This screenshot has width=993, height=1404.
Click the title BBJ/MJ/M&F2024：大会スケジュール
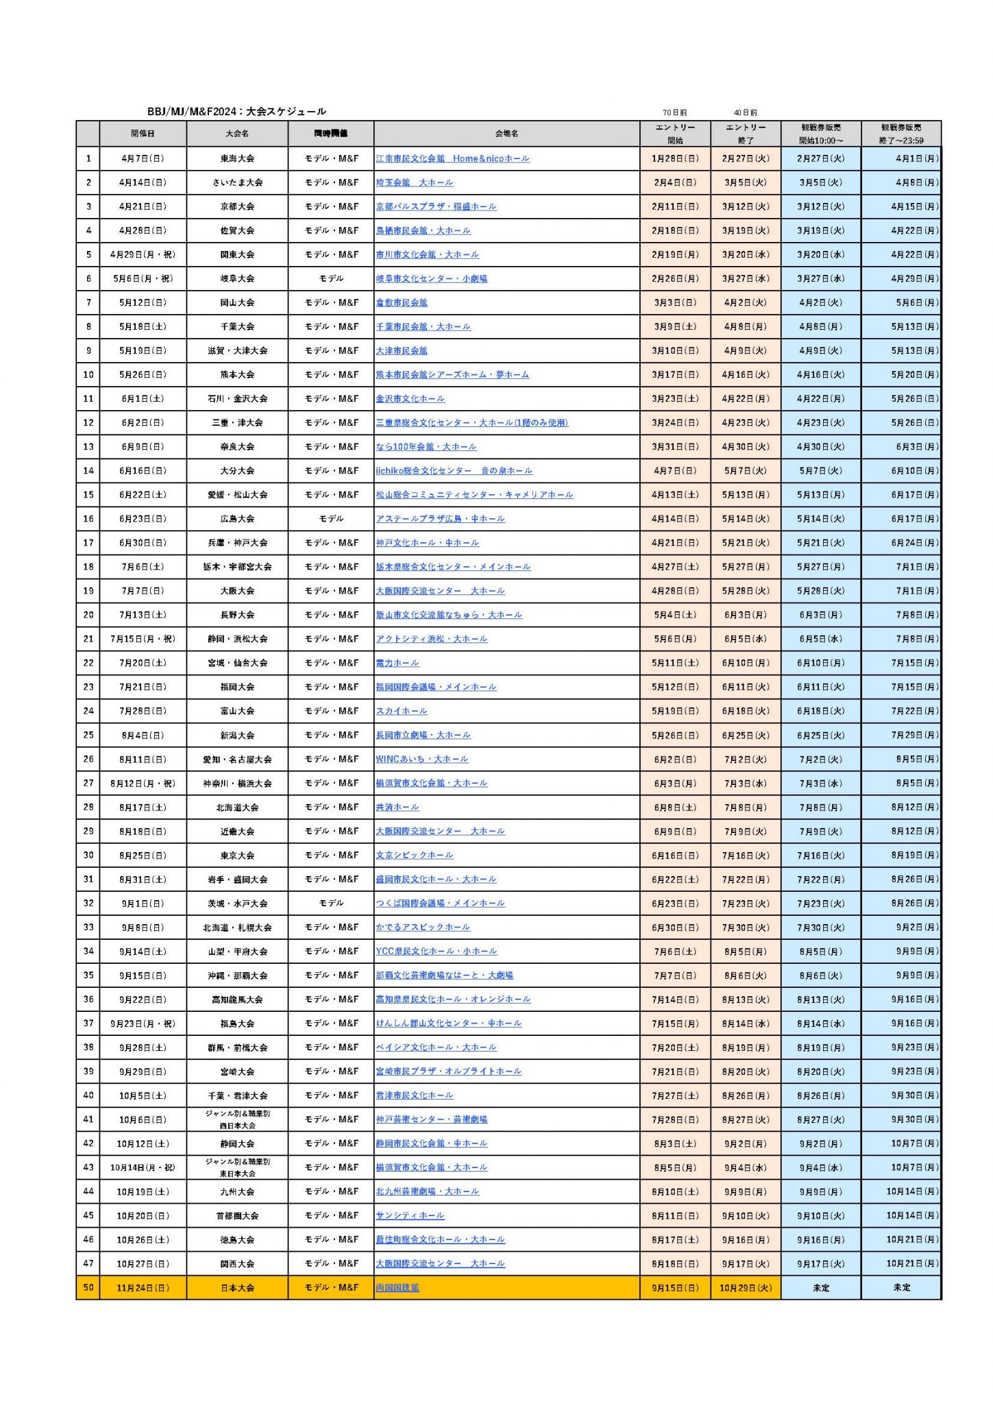(236, 112)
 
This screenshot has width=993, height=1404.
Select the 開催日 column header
(143, 134)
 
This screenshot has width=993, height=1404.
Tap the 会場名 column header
(506, 134)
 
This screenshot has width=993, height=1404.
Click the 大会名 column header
(237, 134)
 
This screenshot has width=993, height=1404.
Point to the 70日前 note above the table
(674, 112)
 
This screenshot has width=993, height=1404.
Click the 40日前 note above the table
(745, 112)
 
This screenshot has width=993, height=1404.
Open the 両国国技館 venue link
(397, 1287)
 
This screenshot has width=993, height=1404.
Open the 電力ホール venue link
(397, 663)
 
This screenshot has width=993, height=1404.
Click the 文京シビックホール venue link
(414, 855)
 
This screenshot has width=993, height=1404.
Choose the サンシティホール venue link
(410, 1215)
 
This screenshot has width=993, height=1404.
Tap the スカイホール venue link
(402, 711)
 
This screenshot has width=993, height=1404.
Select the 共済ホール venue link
(397, 807)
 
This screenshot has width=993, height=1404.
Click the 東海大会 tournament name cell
(237, 158)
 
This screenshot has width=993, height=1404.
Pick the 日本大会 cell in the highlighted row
(237, 1287)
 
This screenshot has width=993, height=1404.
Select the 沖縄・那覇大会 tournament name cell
(237, 975)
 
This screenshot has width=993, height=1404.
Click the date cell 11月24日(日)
(143, 1287)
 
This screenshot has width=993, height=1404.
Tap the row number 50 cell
(88, 1287)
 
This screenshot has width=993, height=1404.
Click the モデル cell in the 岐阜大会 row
(331, 278)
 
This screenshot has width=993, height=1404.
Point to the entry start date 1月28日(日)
(675, 158)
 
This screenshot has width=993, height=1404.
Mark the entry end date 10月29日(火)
(745, 1287)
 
